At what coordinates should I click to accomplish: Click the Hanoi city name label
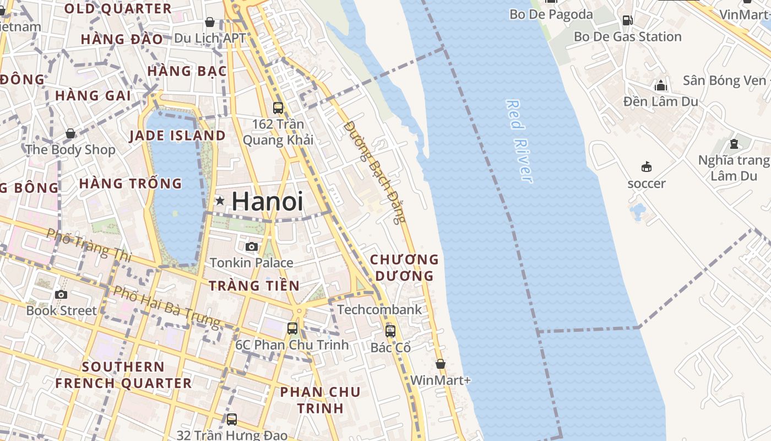click(x=268, y=201)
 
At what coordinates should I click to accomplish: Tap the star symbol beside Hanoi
click(x=220, y=201)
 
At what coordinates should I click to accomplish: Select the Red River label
click(x=519, y=141)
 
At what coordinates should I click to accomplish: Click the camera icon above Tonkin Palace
click(x=252, y=246)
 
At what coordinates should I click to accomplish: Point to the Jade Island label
click(x=177, y=136)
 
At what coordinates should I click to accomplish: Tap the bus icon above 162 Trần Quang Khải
click(x=278, y=108)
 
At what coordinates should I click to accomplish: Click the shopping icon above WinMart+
click(x=440, y=364)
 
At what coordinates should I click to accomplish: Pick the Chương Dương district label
click(x=404, y=267)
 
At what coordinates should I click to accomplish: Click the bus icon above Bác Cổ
click(x=390, y=331)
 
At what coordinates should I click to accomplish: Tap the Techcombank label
click(x=379, y=309)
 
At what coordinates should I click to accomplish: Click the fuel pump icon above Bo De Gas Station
click(x=627, y=20)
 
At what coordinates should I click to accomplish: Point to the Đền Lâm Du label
click(x=660, y=101)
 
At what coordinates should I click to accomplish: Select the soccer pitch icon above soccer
click(x=647, y=166)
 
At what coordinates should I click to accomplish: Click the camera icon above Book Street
click(x=61, y=294)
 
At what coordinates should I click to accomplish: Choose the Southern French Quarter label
click(x=123, y=375)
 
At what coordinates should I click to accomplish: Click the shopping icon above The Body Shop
click(x=70, y=133)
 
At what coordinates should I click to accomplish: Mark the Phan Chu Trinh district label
click(x=320, y=400)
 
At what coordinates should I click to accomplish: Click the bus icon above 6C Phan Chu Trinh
click(x=292, y=329)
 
